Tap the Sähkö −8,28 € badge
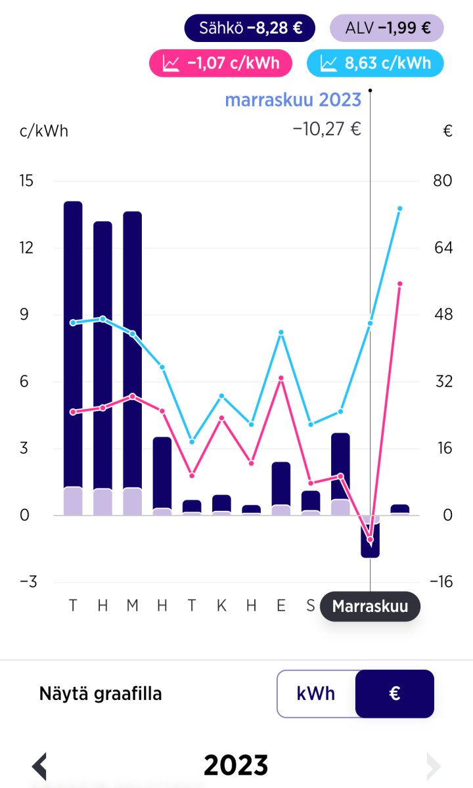coord(250,28)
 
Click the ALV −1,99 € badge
coord(387,28)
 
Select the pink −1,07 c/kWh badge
coord(223,64)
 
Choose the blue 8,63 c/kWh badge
coord(375,64)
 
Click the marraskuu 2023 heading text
coord(293,100)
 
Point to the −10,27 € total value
coord(327,129)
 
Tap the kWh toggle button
coord(316,693)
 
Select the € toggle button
coord(394,693)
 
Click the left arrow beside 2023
coord(39,766)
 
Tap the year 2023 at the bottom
coord(236,766)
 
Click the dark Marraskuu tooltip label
coord(370,606)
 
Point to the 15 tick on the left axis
coord(26,181)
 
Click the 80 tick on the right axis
coord(443,181)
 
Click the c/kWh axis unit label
coord(44,131)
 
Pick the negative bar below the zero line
coord(370,542)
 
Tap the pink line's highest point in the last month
coord(399,284)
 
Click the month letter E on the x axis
coord(281,605)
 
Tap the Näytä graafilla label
coord(101,693)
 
